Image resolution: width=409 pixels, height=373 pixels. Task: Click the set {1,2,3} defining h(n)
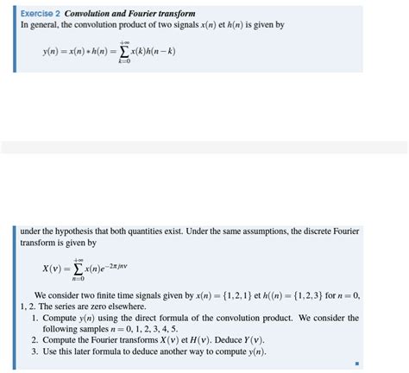308,295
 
